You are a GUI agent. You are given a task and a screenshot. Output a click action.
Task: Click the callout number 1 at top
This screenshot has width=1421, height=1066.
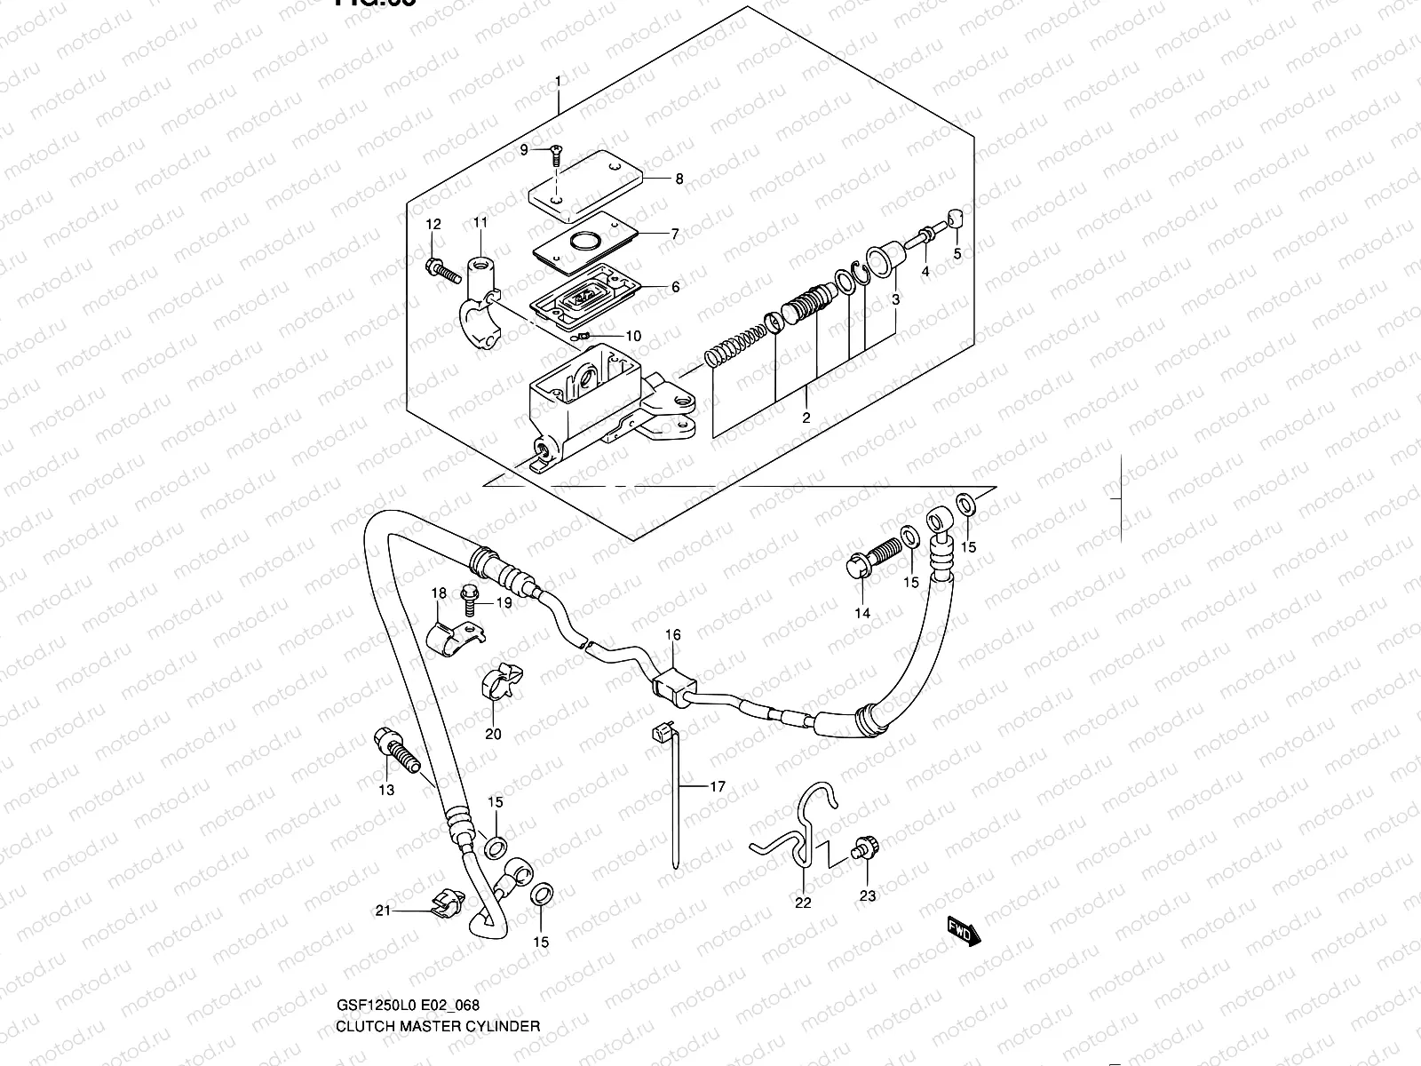point(558,83)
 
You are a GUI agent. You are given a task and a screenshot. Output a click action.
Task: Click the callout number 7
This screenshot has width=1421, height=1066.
point(675,235)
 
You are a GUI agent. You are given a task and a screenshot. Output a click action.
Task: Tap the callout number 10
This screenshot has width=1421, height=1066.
point(633,337)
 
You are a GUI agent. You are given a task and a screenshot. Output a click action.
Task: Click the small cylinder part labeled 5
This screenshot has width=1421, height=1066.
point(956,219)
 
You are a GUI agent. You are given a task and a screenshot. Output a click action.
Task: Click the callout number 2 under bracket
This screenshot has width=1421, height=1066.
point(806,418)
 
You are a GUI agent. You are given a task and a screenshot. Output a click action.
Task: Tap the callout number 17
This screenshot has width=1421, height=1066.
point(718,786)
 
